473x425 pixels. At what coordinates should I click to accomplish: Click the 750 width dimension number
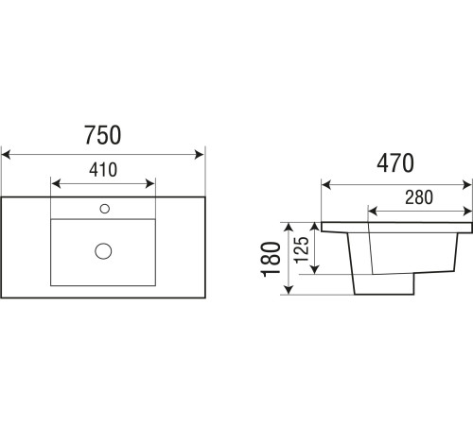click(102, 135)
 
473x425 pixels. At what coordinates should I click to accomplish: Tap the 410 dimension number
click(103, 170)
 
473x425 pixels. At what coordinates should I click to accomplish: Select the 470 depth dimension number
click(395, 163)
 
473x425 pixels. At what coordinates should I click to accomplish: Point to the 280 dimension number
click(419, 197)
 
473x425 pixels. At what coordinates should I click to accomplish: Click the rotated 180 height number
click(272, 260)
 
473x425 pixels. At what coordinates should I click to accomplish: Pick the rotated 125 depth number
click(301, 249)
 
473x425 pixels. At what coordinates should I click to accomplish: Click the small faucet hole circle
click(105, 209)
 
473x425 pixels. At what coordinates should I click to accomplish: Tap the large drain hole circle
click(103, 251)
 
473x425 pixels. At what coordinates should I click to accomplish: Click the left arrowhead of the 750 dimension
click(6, 155)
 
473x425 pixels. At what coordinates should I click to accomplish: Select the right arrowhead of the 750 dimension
click(200, 155)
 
